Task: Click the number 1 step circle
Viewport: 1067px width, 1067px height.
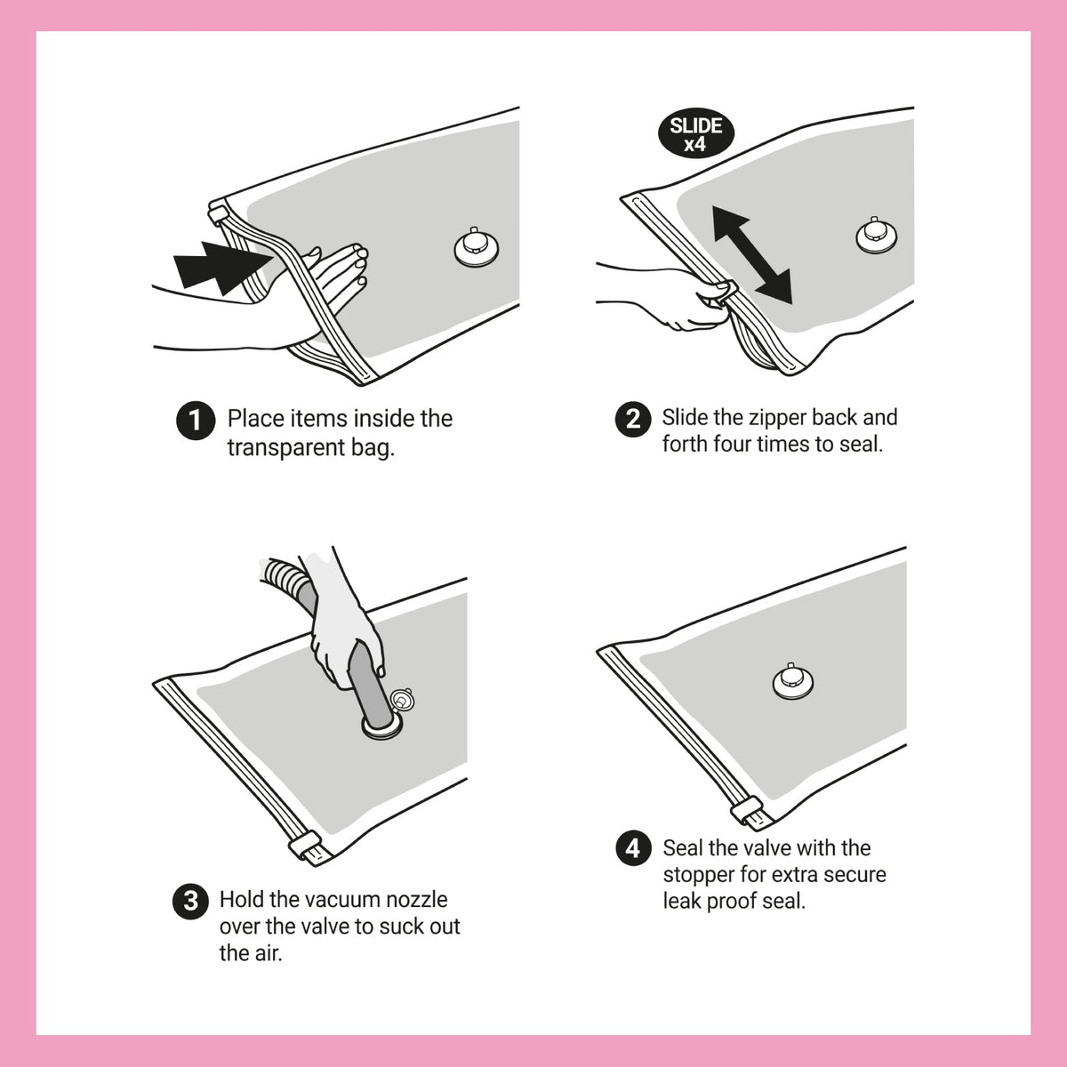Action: (x=196, y=421)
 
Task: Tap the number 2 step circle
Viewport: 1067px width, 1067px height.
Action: (x=633, y=419)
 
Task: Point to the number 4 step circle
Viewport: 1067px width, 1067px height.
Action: (x=633, y=848)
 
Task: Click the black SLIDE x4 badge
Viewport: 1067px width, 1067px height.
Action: (x=695, y=133)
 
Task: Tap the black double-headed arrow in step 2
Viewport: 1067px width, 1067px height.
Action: (x=752, y=254)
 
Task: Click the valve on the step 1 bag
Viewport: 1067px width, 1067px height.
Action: (x=476, y=247)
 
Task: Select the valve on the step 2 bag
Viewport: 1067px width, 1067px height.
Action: (x=876, y=235)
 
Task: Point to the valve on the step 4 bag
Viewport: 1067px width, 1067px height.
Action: (x=792, y=680)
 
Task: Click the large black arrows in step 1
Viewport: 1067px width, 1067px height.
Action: (x=224, y=267)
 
